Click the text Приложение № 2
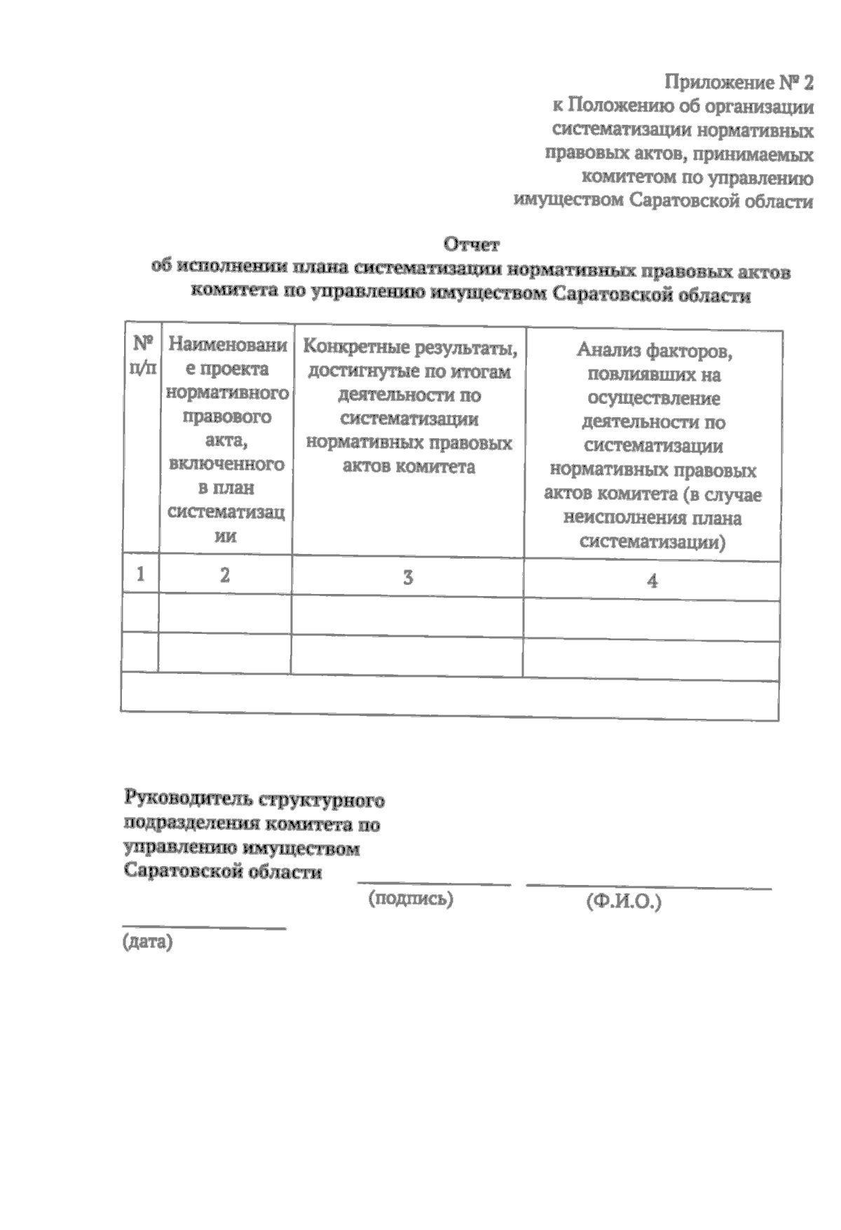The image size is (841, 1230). [739, 83]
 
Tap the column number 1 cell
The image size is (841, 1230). [141, 574]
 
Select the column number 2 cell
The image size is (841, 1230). [225, 576]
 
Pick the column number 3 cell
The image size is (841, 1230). [407, 578]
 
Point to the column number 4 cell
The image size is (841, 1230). [652, 581]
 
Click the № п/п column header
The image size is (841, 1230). [143, 355]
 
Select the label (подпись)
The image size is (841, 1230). [411, 899]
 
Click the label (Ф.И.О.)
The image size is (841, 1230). [624, 902]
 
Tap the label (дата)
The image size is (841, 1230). [147, 942]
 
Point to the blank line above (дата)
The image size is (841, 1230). [204, 928]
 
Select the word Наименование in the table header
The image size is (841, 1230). [228, 345]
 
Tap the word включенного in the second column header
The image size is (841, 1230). [226, 464]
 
